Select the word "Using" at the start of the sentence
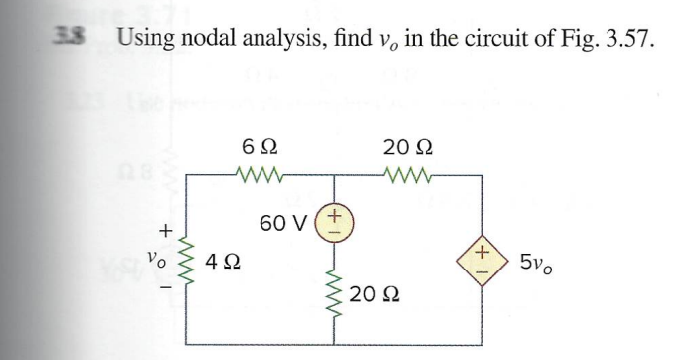pos(149,41)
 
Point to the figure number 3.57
pos(618,41)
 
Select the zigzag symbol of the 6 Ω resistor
pos(255,179)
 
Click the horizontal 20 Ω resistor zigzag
pos(408,179)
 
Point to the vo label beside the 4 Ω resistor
pos(154,260)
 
